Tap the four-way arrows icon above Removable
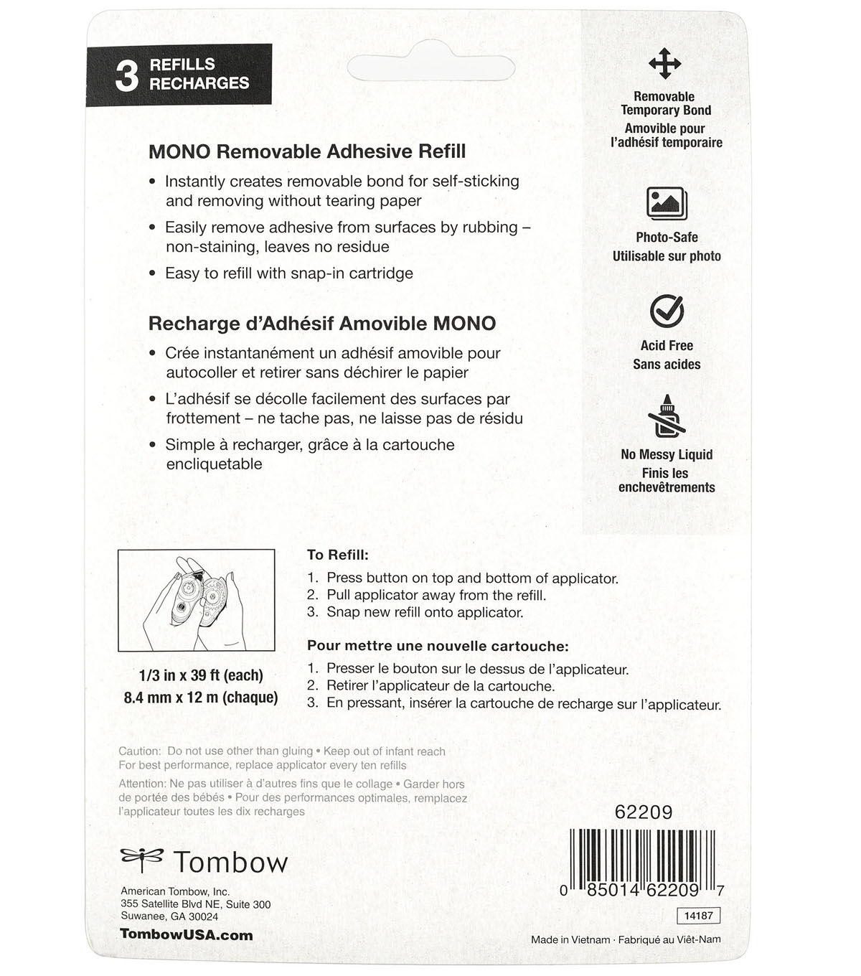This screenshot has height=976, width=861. (x=664, y=64)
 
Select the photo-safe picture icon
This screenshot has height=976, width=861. (x=667, y=203)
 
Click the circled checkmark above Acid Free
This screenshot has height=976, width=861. (x=667, y=311)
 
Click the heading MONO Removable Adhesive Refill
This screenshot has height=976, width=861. (x=307, y=151)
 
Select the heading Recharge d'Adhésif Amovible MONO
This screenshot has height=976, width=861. (x=321, y=323)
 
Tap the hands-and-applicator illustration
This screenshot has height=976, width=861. (x=196, y=600)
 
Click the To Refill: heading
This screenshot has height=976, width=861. (x=337, y=555)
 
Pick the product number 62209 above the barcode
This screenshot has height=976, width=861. (x=644, y=812)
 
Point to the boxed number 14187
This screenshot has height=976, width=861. (x=697, y=916)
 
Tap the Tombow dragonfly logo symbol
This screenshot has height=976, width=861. (x=141, y=858)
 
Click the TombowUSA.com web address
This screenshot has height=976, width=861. (x=187, y=934)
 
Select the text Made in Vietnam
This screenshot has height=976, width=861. (x=570, y=939)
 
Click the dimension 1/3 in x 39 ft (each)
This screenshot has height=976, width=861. (x=201, y=675)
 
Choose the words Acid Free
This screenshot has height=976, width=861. (x=667, y=345)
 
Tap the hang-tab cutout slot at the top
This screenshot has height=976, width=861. (x=430, y=68)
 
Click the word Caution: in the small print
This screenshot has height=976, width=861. (x=140, y=751)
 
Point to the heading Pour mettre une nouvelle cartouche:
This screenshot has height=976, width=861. (x=438, y=646)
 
